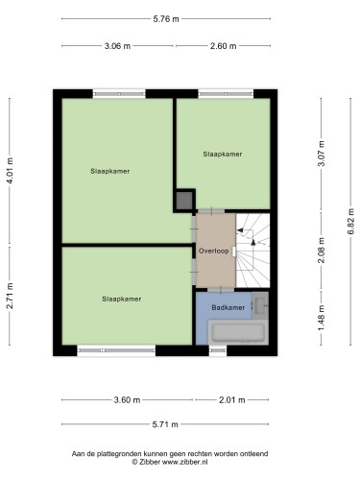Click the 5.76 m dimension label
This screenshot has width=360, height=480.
click(x=166, y=19)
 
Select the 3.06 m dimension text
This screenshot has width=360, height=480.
click(x=117, y=46)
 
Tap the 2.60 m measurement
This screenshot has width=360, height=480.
click(x=223, y=46)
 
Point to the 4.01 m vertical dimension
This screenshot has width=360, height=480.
click(x=10, y=171)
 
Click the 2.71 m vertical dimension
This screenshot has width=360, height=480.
click(x=10, y=296)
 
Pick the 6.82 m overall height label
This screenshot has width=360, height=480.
click(x=351, y=222)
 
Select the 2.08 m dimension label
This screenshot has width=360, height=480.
click(x=322, y=251)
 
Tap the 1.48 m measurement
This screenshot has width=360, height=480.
click(x=322, y=318)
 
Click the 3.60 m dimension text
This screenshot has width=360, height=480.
click(x=127, y=399)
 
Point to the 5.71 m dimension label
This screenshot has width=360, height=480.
click(x=165, y=424)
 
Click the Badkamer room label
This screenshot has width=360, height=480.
click(x=228, y=307)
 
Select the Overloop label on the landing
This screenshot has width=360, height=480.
click(x=214, y=251)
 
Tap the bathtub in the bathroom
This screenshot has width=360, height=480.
click(x=238, y=332)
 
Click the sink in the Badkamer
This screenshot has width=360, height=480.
click(x=260, y=305)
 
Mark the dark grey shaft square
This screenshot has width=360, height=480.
click(x=184, y=201)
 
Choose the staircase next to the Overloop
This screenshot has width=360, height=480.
click(x=252, y=251)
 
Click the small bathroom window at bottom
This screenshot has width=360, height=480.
click(x=218, y=350)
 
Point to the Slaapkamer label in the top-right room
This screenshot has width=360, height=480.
click(x=223, y=154)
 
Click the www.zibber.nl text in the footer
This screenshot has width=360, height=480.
click(x=185, y=462)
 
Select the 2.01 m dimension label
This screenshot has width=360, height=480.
click(x=232, y=399)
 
